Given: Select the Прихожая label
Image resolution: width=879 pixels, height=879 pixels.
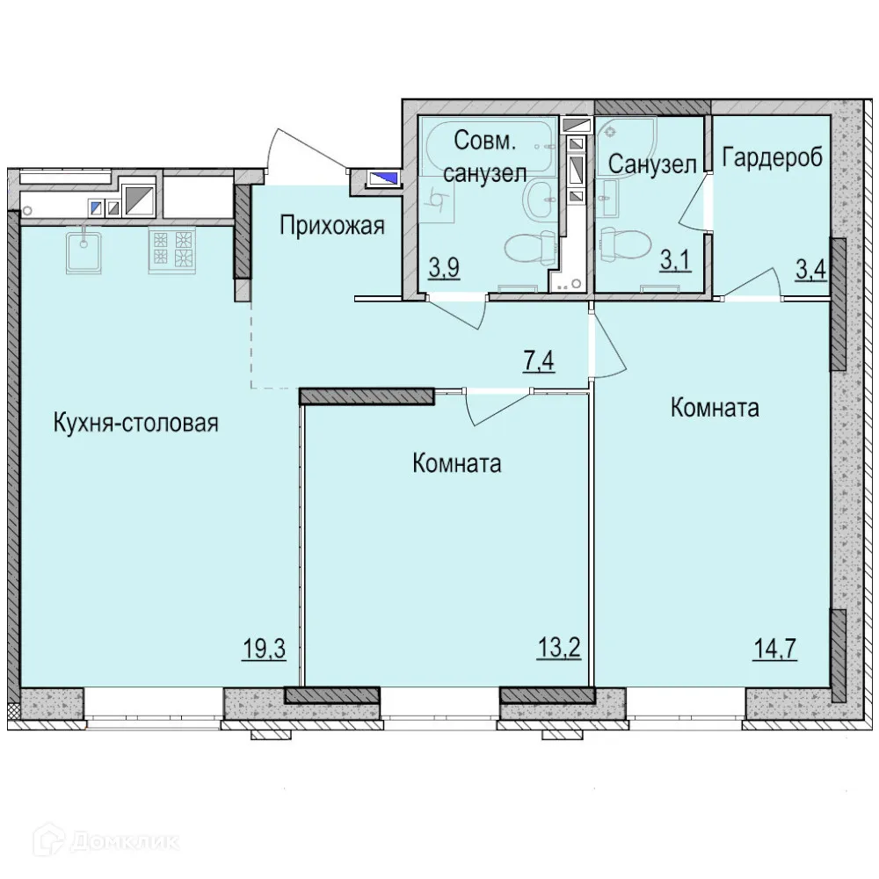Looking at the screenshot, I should point(332,226).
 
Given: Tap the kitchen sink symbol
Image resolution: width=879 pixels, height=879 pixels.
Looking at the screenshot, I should point(84,249).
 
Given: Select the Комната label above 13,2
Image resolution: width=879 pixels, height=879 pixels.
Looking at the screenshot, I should point(457,463).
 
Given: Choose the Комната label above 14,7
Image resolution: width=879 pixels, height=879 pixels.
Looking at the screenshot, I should point(715,408).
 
